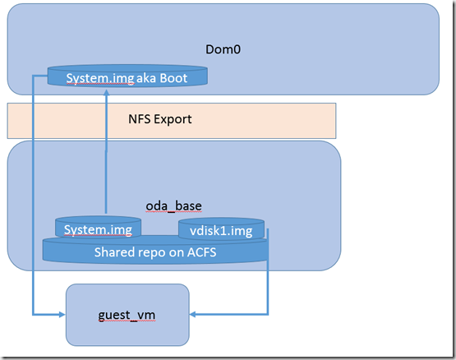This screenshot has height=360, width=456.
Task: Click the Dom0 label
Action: click(x=223, y=49)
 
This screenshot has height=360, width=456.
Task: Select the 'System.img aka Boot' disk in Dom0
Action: click(x=127, y=76)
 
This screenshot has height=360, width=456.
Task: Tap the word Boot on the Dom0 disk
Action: click(x=173, y=78)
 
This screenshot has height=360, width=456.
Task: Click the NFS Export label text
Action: click(x=160, y=119)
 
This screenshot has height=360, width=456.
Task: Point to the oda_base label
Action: click(x=173, y=206)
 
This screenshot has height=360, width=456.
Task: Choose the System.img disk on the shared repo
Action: click(x=98, y=227)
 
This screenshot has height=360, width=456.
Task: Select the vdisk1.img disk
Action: click(x=221, y=228)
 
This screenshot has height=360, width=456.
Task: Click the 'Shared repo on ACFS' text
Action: click(x=155, y=252)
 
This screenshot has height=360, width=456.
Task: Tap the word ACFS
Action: click(x=202, y=252)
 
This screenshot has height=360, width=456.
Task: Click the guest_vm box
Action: click(x=127, y=315)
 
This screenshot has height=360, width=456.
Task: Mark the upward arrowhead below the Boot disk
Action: click(x=107, y=92)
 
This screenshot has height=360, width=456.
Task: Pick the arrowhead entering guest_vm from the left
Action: click(x=62, y=314)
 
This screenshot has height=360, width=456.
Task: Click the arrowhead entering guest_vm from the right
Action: click(x=193, y=314)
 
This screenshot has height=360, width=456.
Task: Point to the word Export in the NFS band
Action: click(x=173, y=119)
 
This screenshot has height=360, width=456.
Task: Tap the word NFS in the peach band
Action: click(x=140, y=118)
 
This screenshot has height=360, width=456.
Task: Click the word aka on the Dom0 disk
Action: click(x=146, y=78)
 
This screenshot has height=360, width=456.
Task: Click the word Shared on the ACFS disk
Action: click(x=114, y=252)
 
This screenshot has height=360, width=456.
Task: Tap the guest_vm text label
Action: click(x=127, y=315)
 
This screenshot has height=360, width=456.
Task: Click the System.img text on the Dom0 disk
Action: click(x=100, y=78)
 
